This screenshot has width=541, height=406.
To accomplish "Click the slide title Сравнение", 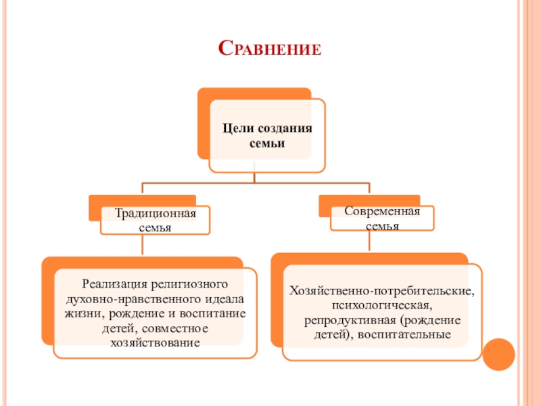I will [x=270, y=48].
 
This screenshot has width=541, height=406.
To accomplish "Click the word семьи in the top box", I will [x=266, y=143].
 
